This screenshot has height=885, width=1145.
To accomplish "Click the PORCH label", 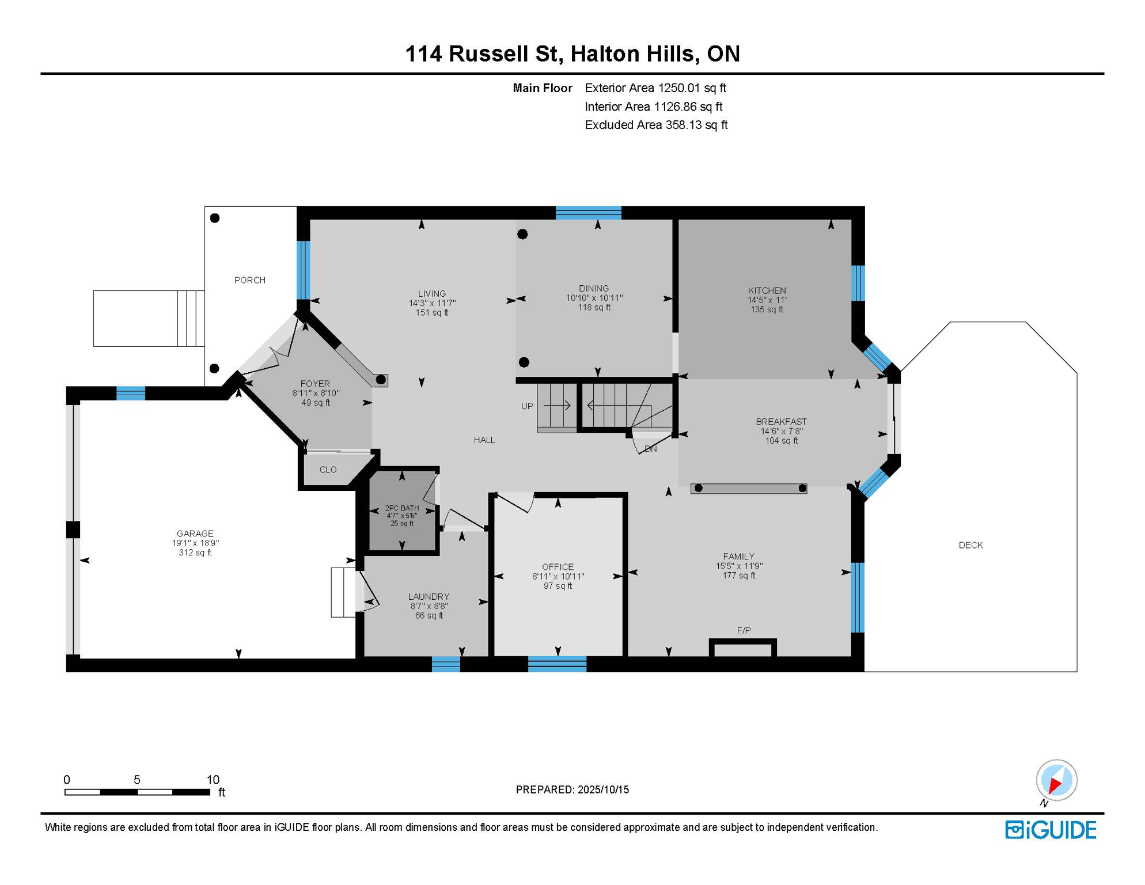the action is click(x=250, y=280).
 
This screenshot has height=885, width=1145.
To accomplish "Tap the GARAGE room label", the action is click(x=195, y=534).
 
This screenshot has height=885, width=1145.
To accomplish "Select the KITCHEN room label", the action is click(x=767, y=290).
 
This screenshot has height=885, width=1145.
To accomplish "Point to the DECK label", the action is click(x=970, y=545).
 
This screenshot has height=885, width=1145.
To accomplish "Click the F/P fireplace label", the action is click(x=744, y=630).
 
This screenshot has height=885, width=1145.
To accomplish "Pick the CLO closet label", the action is click(x=328, y=470).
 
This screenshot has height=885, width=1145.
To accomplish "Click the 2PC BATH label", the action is click(x=402, y=508).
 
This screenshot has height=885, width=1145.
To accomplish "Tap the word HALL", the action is click(x=484, y=440).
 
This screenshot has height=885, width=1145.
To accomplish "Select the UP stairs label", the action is click(x=527, y=406).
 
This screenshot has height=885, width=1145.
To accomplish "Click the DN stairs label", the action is click(x=651, y=448).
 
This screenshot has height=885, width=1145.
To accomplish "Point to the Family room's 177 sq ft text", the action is click(x=739, y=576).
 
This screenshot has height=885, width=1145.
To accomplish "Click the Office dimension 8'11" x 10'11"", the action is click(x=558, y=576).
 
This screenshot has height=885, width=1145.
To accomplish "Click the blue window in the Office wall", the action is click(x=557, y=664).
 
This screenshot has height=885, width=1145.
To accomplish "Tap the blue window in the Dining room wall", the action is click(x=588, y=213).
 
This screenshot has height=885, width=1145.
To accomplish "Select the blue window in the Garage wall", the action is click(x=131, y=394).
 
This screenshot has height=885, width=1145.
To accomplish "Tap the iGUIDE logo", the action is click(x=1051, y=830).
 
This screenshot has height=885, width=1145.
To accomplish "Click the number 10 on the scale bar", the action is click(x=213, y=780).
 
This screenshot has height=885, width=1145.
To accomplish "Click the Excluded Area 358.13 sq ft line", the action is click(x=656, y=125).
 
